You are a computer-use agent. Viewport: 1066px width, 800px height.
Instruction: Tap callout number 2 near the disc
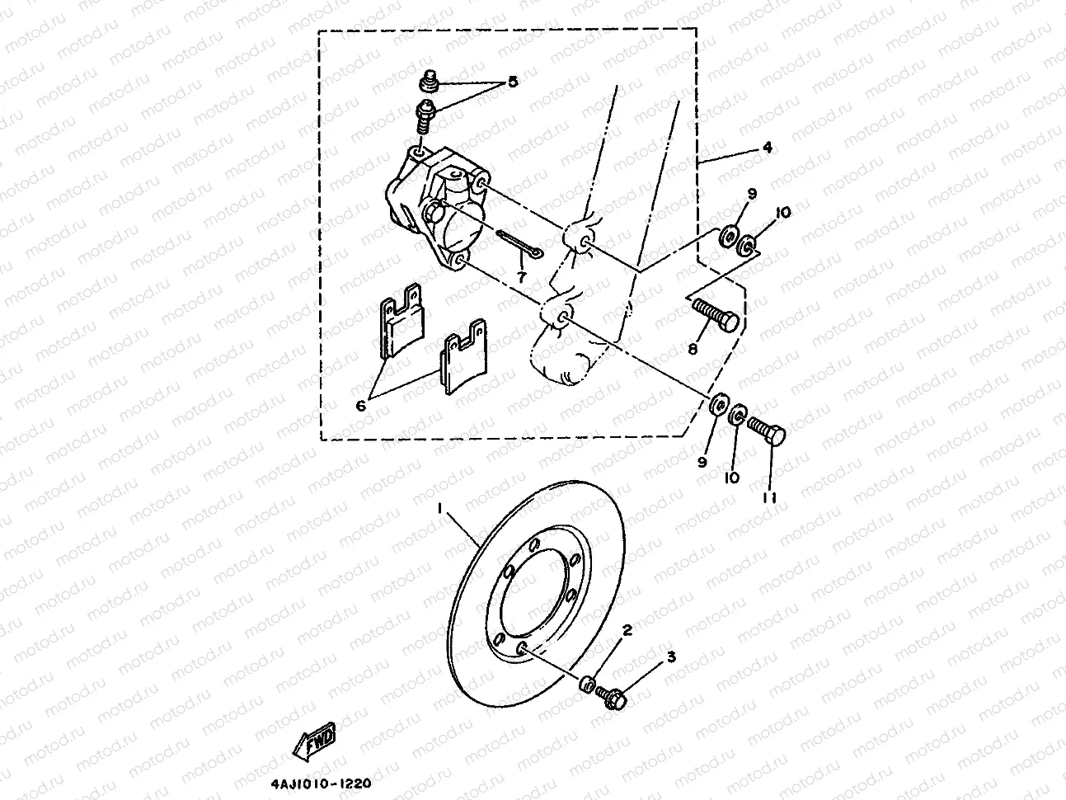tap(627, 632)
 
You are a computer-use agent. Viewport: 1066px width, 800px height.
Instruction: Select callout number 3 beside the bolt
tap(671, 657)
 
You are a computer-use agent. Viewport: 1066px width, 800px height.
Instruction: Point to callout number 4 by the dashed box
tap(766, 148)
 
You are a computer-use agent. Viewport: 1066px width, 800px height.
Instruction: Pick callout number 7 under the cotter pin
tap(521, 271)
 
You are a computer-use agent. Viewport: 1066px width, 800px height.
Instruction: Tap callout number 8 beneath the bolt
tap(693, 349)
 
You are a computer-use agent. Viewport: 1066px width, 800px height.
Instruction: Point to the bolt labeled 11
tap(768, 431)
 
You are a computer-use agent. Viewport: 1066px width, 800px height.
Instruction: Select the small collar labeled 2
tap(589, 685)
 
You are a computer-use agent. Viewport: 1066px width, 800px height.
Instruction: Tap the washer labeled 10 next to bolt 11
tap(740, 412)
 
